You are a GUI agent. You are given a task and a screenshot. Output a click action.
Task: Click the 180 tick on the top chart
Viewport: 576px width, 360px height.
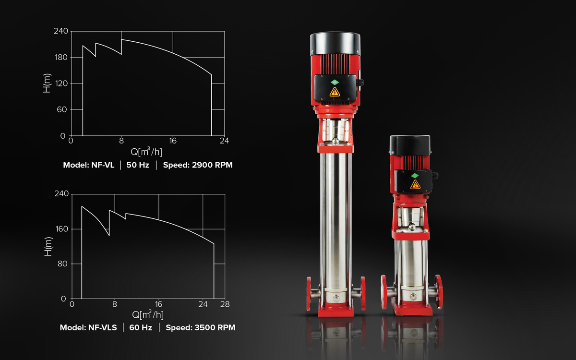pyautogui.click(x=61, y=57)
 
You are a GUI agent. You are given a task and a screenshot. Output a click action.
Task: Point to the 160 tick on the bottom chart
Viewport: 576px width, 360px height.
pyautogui.click(x=62, y=229)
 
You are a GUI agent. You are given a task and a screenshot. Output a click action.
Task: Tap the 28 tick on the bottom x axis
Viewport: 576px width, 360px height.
pyautogui.click(x=225, y=304)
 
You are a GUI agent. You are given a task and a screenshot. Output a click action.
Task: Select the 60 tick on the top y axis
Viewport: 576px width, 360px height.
pyautogui.click(x=62, y=109)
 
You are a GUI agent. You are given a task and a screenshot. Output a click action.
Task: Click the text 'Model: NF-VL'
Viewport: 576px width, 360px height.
pyautogui.click(x=89, y=165)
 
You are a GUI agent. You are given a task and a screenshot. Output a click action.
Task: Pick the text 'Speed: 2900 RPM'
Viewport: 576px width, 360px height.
pyautogui.click(x=198, y=165)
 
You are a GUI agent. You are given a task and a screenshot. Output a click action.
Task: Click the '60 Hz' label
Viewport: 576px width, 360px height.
pyautogui.click(x=141, y=327)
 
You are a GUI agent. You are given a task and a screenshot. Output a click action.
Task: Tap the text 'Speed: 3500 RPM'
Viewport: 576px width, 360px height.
pyautogui.click(x=201, y=327)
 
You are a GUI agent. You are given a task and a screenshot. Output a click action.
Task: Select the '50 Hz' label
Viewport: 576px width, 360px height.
pyautogui.click(x=138, y=165)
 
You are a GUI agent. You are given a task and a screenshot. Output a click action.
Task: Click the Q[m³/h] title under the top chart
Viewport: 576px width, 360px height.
pyautogui.click(x=146, y=152)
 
